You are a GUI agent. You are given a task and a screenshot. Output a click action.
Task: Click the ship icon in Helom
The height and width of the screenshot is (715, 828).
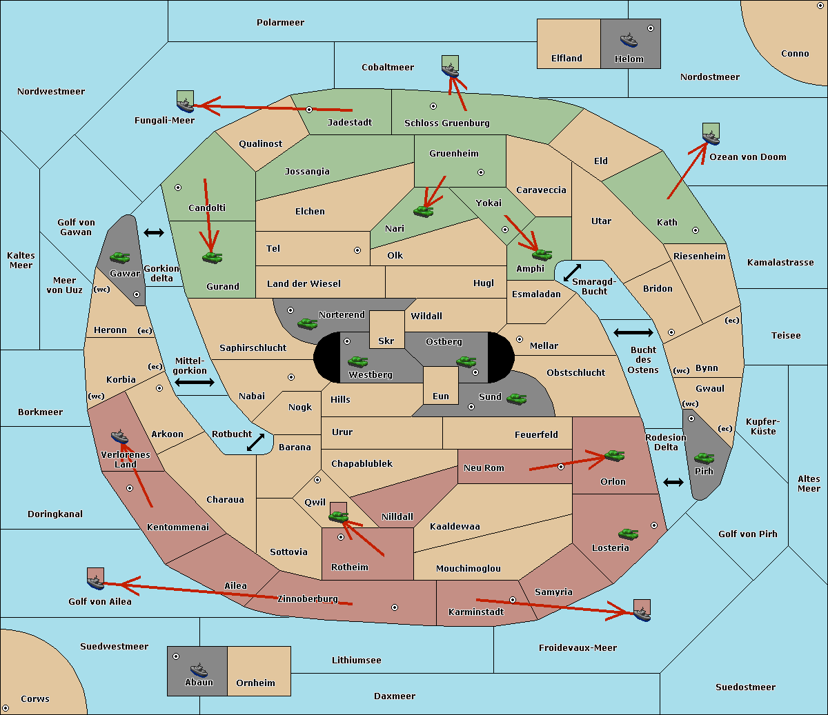[629, 41]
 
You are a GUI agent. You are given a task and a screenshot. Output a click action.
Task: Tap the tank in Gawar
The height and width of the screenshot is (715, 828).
[120, 257]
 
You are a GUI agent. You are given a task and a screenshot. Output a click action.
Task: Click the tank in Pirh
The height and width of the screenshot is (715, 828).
[704, 458]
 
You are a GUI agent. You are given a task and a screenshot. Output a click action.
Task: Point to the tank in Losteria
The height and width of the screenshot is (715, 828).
[628, 534]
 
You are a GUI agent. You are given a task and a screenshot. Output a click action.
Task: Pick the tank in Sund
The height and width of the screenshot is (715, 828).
[516, 399]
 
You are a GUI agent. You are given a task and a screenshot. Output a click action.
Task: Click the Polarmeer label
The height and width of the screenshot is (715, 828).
[280, 23]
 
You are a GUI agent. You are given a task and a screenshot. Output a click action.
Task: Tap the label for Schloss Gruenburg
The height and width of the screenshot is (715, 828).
[446, 123]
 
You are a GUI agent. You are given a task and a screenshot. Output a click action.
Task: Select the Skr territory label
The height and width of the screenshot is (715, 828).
[386, 341]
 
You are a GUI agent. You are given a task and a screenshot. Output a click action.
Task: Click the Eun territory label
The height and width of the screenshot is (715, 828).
[441, 396]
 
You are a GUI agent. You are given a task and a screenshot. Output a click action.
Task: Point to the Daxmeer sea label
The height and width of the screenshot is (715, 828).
[395, 696]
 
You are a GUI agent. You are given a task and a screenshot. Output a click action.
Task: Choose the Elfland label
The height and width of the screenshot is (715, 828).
[566, 58]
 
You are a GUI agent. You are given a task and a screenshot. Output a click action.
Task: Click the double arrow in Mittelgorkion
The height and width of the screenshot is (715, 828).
[195, 382]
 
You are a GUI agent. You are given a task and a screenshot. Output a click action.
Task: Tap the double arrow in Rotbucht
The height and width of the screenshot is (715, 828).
[255, 442]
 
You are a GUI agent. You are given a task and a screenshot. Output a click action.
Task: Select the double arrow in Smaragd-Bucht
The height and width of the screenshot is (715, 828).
[572, 272]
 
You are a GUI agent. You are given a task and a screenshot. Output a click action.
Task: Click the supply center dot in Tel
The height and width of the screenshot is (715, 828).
[357, 250]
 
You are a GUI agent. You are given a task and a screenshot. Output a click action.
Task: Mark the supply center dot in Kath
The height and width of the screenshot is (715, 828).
[696, 230]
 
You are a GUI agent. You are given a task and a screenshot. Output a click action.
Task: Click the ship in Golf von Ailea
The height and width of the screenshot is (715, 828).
[96, 582]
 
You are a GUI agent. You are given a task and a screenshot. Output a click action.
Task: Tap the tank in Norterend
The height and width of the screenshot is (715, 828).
[307, 323]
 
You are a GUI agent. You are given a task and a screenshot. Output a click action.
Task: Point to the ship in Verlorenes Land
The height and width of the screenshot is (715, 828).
[119, 436]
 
